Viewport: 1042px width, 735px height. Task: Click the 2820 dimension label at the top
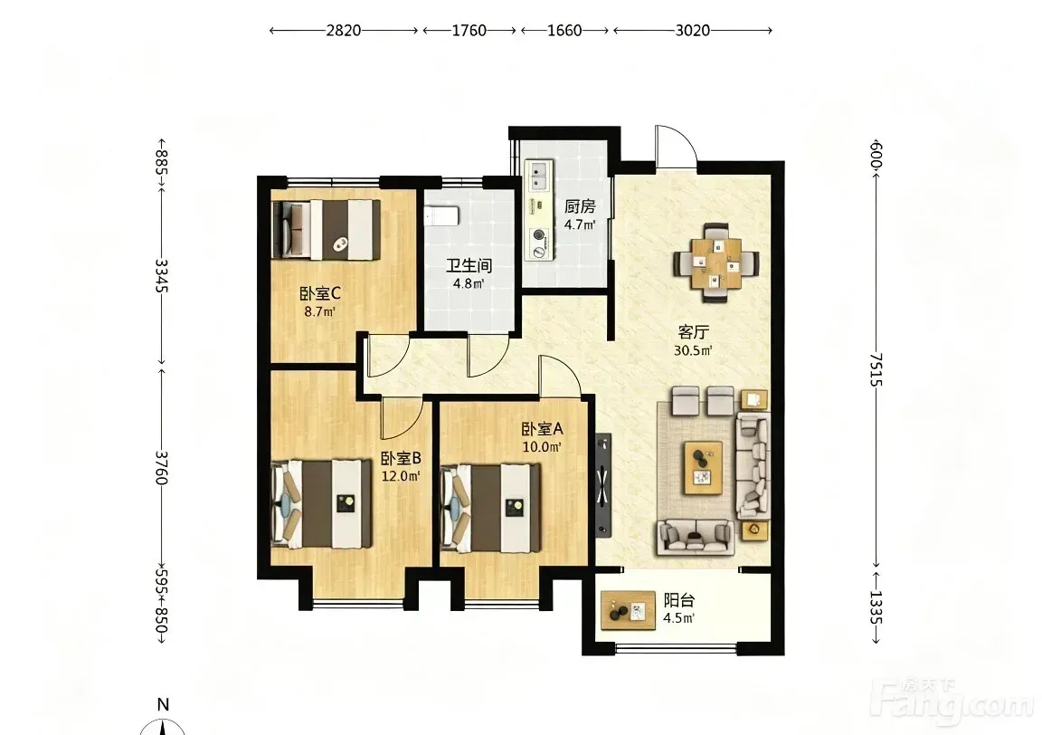pos(344,31)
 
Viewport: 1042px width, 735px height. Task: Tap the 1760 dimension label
pos(469,31)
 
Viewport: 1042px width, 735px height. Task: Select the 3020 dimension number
pos(693,31)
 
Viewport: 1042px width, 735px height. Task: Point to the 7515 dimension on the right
pos(876,370)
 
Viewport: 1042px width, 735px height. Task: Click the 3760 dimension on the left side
pos(162,468)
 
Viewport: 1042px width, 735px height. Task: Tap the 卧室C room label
pos(319,293)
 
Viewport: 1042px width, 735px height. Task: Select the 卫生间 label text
pos(469,266)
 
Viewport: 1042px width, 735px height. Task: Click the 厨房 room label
pos(580,207)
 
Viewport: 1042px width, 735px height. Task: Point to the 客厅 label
pos(693,332)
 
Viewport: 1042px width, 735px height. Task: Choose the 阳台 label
pos(679,600)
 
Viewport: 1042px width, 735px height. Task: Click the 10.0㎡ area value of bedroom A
pos(543,447)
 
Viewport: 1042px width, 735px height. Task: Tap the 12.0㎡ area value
pos(401,476)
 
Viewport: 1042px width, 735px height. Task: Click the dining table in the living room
pos(716,262)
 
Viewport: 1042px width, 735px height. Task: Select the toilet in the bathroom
pos(441,215)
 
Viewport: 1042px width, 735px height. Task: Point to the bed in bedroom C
pos(326,230)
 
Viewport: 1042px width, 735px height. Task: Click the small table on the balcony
pos(628,610)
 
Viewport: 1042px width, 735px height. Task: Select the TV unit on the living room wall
pos(602,485)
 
